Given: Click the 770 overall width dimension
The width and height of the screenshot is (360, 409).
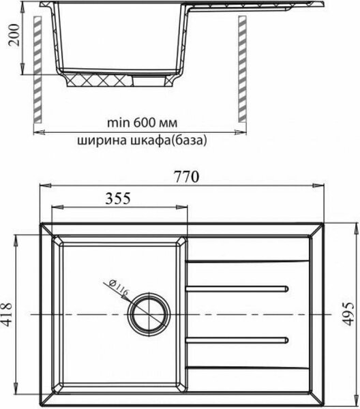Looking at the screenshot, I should tap(185, 177).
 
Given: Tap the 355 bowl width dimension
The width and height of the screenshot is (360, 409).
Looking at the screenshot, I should tap(118, 198).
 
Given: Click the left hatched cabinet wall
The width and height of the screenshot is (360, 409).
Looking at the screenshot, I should tap(38, 68).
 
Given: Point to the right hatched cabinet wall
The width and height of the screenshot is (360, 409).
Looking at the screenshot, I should tap(241, 68).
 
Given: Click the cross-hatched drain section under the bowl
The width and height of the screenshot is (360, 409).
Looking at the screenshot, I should tap(99, 81).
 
